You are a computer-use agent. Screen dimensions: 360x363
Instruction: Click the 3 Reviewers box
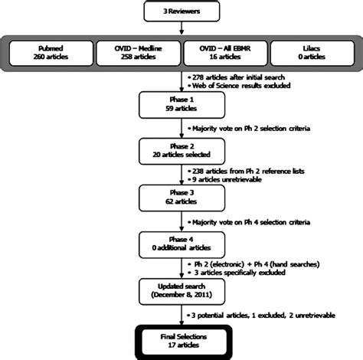pyautogui.click(x=181, y=13)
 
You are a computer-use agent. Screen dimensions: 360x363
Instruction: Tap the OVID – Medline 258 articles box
pyautogui.click(x=139, y=57)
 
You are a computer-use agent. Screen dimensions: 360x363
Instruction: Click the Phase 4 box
pyautogui.click(x=181, y=244)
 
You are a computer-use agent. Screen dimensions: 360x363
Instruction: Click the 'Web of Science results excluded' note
pyautogui.click(x=241, y=87)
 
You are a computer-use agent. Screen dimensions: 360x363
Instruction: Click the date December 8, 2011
pyautogui.click(x=181, y=294)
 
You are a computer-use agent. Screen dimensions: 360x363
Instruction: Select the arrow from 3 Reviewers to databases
pyautogui.click(x=181, y=29)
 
